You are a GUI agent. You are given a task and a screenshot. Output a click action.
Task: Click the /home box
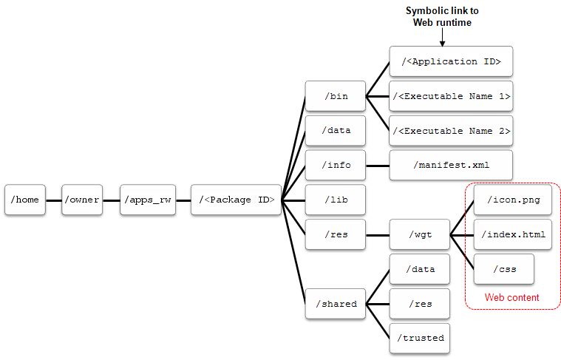[24, 200]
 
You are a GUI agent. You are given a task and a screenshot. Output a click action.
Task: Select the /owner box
[81, 200]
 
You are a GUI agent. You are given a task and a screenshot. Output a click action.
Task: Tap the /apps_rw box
[148, 200]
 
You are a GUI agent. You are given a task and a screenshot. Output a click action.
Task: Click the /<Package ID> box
[236, 200]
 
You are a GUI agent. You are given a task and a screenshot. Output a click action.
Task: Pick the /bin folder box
[336, 96]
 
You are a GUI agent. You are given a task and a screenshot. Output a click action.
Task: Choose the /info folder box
[336, 166]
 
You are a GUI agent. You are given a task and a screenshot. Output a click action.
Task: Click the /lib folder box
[336, 200]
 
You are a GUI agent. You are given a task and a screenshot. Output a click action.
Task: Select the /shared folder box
[336, 304]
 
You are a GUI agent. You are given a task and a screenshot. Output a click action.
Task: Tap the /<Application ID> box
[451, 62]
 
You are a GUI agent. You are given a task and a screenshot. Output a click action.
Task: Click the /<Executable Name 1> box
[451, 96]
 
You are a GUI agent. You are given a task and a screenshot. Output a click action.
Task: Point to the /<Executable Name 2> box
[451, 131]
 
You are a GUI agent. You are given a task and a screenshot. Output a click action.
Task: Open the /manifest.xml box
[451, 166]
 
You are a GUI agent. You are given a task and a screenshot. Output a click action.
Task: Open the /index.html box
[512, 235]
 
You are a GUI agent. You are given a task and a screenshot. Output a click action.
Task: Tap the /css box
[505, 269]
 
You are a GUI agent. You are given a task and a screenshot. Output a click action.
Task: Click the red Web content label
[511, 297]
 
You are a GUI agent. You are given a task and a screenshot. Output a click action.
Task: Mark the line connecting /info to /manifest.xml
[378, 166]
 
